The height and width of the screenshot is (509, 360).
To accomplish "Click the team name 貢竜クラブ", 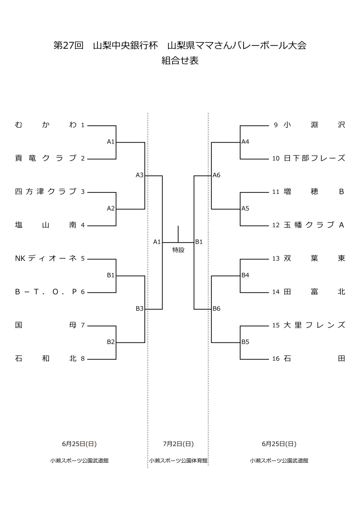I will pos(46,159).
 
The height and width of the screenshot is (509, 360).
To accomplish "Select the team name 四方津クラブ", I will pos(46,191).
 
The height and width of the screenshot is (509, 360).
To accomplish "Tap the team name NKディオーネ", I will pos(46,258).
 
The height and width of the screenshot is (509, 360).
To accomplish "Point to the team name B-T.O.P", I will pos(46,292).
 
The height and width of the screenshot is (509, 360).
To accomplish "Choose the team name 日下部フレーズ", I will pos(314,159).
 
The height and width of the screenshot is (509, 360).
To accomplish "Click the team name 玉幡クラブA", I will pos(314,225).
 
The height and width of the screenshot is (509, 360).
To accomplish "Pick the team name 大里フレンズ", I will pos(314,325).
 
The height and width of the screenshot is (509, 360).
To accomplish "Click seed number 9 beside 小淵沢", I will pos(275,125).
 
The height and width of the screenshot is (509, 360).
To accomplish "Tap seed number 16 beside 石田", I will pos(276,358).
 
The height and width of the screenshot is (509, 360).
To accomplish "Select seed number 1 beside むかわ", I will pos(83,125).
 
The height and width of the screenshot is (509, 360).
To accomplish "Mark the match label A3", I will pos(140,175).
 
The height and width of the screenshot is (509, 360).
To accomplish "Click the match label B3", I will pos(140,309).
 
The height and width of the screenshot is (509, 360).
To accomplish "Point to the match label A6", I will pos(216,175).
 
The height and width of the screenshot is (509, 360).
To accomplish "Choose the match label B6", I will pos(216,309).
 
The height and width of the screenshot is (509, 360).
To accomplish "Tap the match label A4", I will pos(245,142).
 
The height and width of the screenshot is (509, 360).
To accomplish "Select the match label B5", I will pos(245,342).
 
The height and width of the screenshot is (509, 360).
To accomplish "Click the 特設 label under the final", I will pos(178,250).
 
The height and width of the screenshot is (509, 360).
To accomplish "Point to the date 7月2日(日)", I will pos(178,444).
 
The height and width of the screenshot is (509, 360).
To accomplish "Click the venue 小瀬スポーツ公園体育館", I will pos(178,461).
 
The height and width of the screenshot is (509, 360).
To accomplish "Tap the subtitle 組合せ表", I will pos(180,62).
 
